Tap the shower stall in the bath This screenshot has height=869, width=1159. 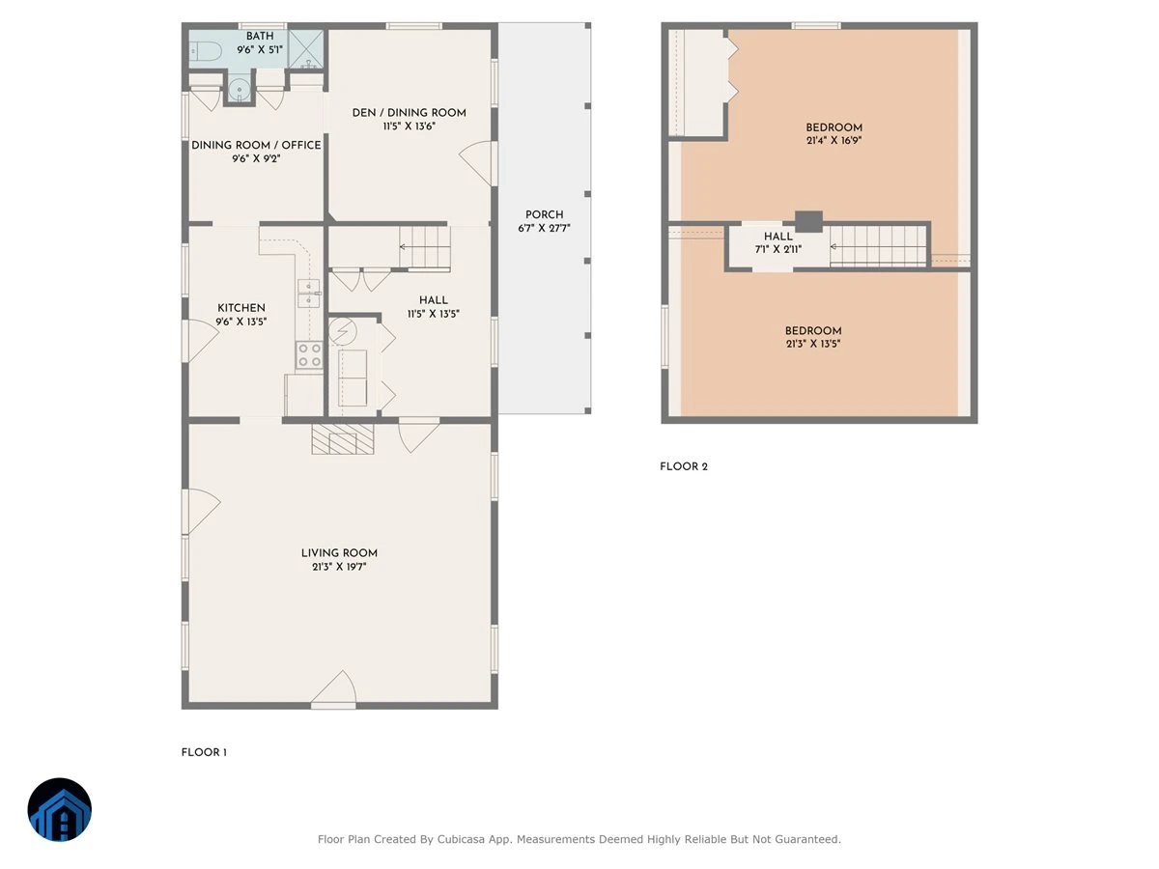point(306,49)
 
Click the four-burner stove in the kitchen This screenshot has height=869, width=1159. point(309,354)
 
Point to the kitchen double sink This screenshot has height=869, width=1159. point(309,294)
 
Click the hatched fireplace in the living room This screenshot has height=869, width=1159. point(343,438)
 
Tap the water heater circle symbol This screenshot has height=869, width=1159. point(343,331)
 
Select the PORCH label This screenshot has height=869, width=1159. point(544,214)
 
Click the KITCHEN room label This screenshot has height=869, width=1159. point(241,308)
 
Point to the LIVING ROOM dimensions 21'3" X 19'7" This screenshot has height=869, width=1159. point(339,567)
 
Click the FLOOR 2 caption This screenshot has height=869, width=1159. point(683,466)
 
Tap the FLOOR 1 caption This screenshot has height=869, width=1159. point(204,752)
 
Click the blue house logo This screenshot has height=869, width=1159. point(60,809)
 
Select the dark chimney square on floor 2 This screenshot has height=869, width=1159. point(809,222)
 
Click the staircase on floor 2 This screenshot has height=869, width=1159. point(878,246)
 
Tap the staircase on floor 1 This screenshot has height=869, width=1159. point(425,247)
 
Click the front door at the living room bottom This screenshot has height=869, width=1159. point(334,688)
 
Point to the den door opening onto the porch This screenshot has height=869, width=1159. point(478,162)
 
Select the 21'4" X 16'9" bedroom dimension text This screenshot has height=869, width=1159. point(834,141)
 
